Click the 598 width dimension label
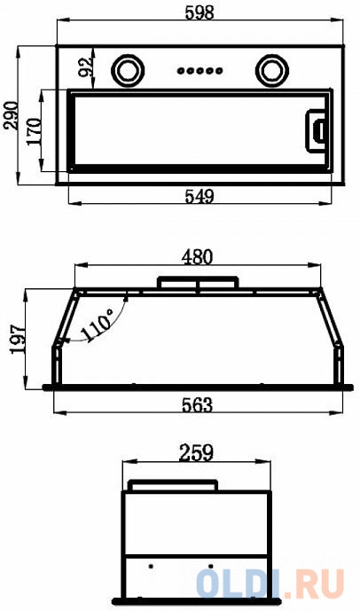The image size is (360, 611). pos(200,13)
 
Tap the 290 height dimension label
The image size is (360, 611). pos(11,115)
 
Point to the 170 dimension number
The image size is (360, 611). pos(35,132)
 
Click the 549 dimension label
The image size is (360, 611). pos(200,196)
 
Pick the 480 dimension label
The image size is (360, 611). pos(198,257)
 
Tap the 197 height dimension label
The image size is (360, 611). pos(19,339)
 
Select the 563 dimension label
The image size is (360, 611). pos(198,405)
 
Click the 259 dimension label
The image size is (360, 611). pos(196,453)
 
